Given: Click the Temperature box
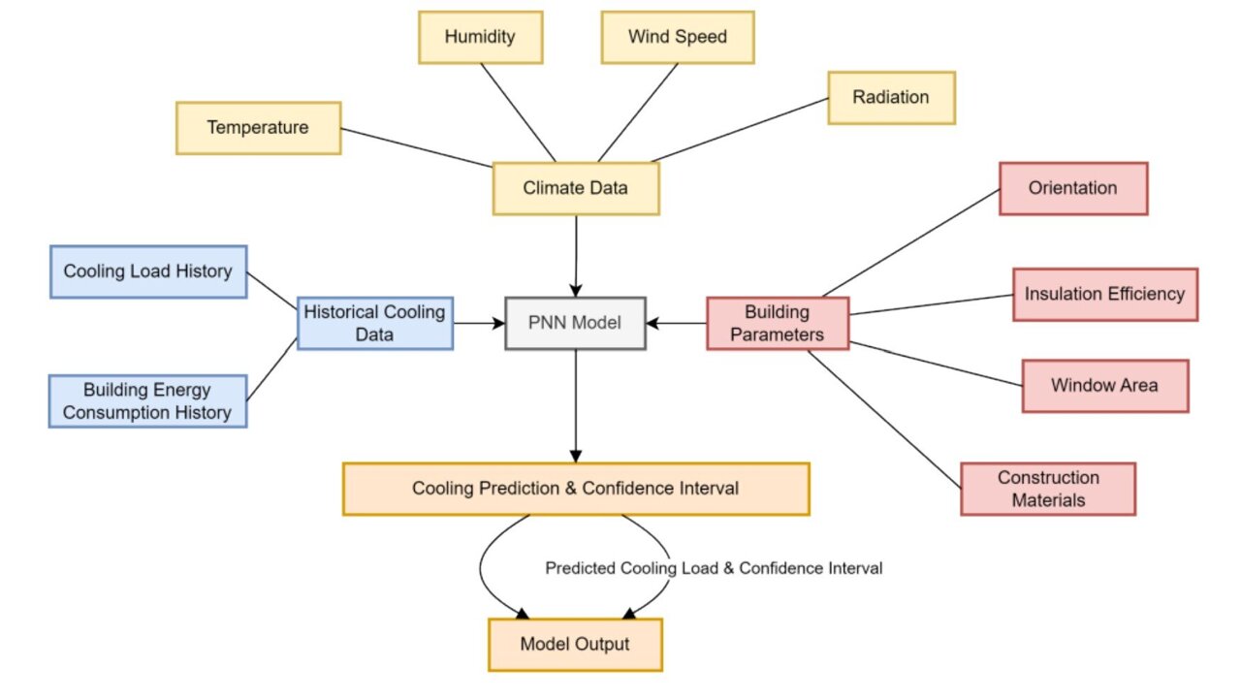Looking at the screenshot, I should pos(258,128).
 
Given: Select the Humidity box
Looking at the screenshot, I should pos(480,38).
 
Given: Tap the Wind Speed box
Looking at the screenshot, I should pos(677,38).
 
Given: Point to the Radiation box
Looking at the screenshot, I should pos(891,97).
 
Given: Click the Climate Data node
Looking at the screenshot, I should pos(575,188).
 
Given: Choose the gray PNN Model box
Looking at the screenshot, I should pos(575,323).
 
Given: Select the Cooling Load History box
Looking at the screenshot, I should pos(147,271).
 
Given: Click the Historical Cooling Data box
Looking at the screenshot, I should pos(374,323).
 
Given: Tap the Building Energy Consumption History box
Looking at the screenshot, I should pos(147,401).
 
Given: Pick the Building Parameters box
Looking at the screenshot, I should pos(777,323).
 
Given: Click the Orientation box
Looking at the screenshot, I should pos(1072,188).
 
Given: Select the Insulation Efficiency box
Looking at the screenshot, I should pos(1104,294).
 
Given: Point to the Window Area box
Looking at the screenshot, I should pos(1104,385).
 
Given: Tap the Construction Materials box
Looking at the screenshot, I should pos(1047,489).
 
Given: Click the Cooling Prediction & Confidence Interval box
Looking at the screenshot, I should pos(575,489).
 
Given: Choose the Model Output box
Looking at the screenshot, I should pos(575,645).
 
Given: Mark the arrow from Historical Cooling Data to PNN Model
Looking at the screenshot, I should pos(479,323).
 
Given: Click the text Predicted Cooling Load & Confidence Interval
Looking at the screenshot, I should pos(714,568).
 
